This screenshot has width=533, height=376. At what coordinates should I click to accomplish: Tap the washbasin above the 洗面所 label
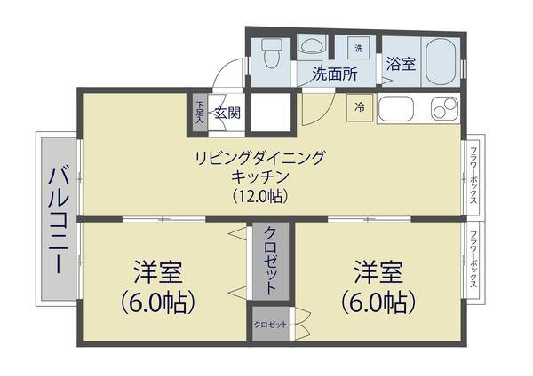coord(311,44)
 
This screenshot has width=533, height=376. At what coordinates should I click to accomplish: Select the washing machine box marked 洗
coord(358,47)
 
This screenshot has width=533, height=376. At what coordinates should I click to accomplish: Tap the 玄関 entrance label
coord(227,112)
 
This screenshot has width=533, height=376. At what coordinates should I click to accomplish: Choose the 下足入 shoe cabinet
coord(200,112)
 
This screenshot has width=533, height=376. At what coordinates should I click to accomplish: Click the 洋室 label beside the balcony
coord(160,270)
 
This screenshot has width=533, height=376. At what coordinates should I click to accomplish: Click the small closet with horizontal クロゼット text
coord(272,325)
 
